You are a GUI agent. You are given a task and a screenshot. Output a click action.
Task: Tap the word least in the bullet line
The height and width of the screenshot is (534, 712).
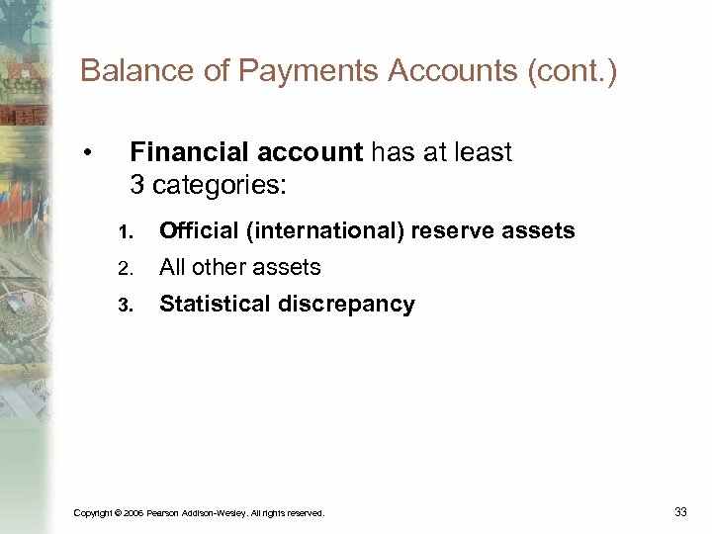pyautogui.click(x=485, y=152)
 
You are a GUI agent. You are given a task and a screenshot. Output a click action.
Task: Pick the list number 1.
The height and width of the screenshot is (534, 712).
pyautogui.click(x=124, y=232)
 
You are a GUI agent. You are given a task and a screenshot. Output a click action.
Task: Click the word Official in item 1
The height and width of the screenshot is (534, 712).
pyautogui.click(x=200, y=231)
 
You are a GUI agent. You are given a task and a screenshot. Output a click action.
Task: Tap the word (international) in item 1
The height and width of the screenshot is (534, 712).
pyautogui.click(x=326, y=231)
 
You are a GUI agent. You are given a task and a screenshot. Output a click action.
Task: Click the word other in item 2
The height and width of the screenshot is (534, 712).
pyautogui.click(x=220, y=267)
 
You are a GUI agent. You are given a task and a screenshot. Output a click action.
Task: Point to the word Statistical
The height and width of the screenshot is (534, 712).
pyautogui.click(x=215, y=304)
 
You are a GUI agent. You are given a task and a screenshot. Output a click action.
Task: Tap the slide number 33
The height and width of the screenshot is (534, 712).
pyautogui.click(x=680, y=511)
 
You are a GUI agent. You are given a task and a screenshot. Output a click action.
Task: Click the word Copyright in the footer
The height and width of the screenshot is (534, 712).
pyautogui.click(x=93, y=512)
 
